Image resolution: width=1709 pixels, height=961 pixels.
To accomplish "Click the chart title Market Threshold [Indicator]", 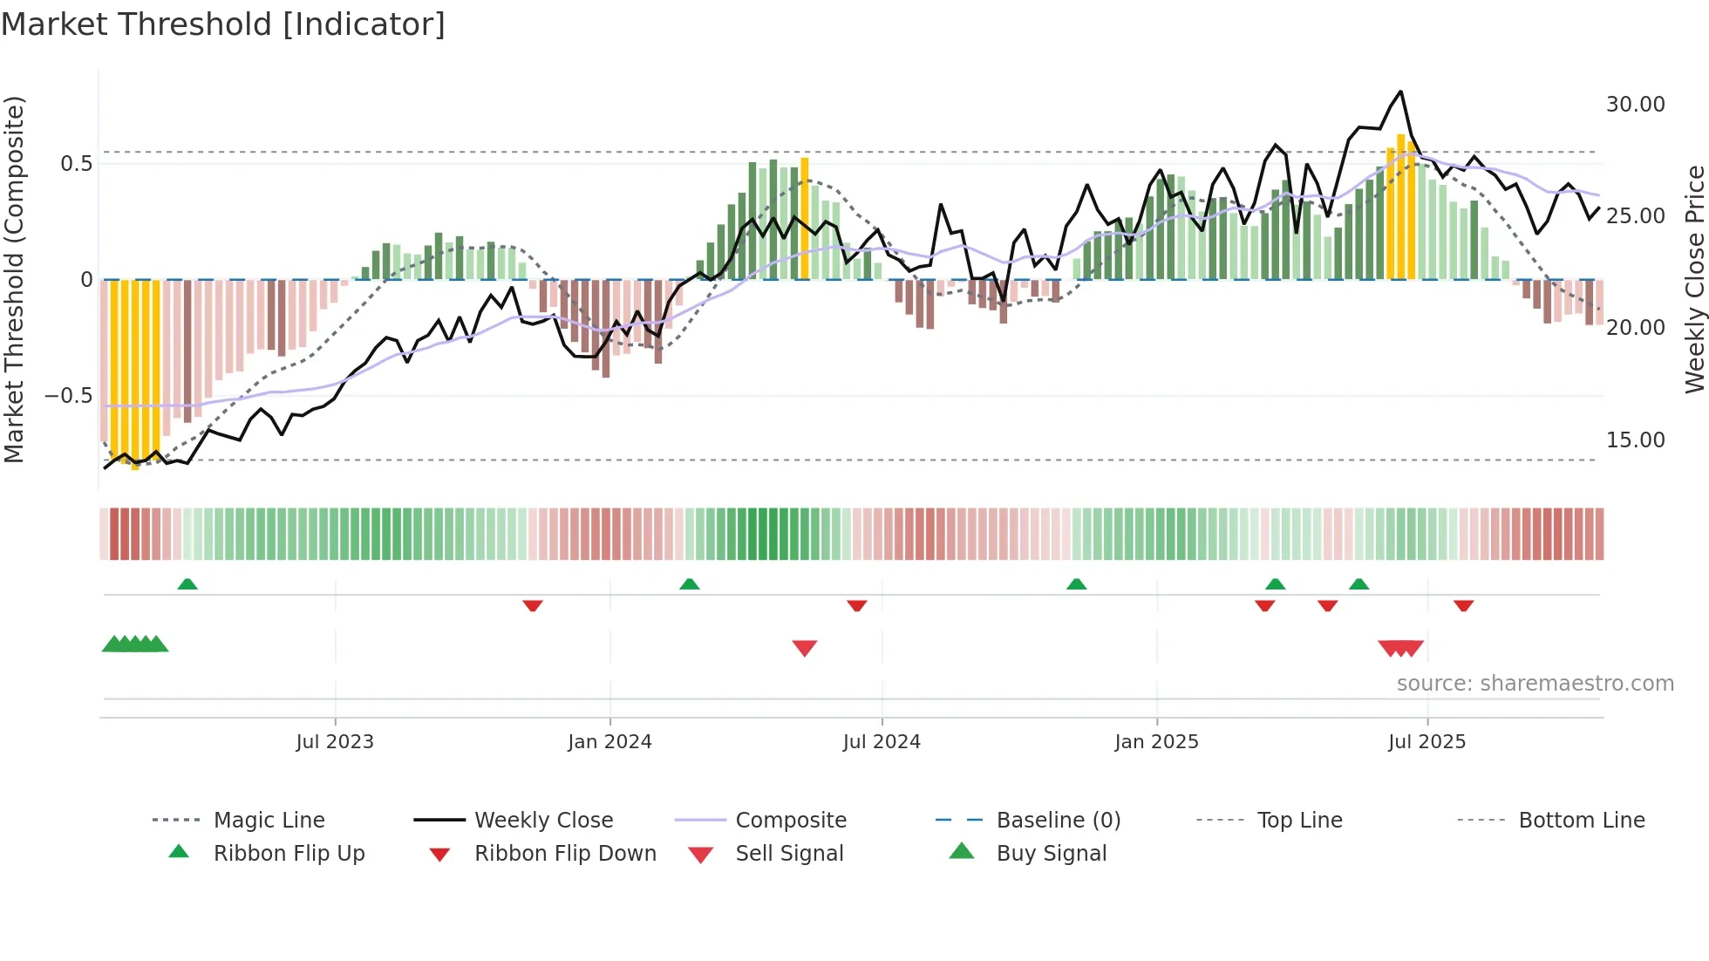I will (x=223, y=24).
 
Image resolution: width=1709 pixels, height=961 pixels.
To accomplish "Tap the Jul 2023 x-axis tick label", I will (x=335, y=742).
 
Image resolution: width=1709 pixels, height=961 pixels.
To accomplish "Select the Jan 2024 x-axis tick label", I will (x=609, y=742).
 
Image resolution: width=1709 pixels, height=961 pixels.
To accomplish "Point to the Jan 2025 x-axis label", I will (x=1156, y=742).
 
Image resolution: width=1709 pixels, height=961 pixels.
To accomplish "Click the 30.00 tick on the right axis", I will (x=1635, y=105).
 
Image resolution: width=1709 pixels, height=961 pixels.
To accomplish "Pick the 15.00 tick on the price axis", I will (x=1635, y=440).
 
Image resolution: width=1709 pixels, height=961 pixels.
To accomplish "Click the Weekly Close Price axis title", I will (x=1694, y=279).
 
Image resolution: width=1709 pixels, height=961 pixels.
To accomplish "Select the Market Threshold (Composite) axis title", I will (x=14, y=279).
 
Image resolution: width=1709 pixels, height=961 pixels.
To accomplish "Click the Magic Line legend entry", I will (x=269, y=821).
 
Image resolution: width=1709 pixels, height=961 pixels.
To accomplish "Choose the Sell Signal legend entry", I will (x=789, y=854).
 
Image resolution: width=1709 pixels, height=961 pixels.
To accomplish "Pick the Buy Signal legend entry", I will (x=1051, y=854).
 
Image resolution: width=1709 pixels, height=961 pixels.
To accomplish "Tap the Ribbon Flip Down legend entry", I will (x=564, y=854).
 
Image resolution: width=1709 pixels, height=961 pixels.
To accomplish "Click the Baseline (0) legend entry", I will (x=1058, y=821).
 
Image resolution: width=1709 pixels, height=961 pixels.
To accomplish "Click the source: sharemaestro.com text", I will (x=1535, y=684).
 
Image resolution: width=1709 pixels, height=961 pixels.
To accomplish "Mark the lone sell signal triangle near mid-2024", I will (x=804, y=648).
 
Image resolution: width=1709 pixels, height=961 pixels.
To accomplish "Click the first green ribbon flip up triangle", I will (x=187, y=584).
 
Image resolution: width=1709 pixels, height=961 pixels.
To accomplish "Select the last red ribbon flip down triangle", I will (x=1463, y=605).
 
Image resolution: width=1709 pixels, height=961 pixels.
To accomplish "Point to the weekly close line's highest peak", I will (x=1400, y=92).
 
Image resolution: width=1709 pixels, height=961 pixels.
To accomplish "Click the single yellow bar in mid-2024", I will (x=804, y=218).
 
